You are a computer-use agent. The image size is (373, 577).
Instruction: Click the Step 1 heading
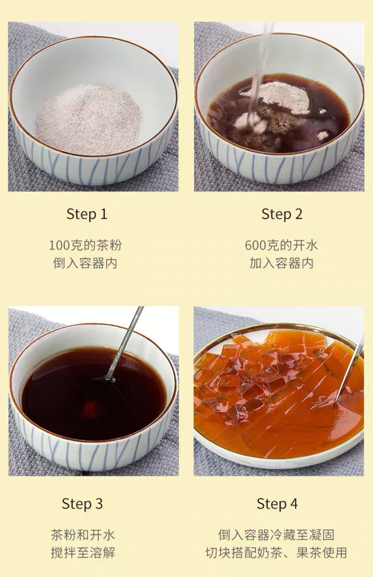[x=87, y=214]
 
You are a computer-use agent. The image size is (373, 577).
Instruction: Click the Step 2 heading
[x=282, y=214]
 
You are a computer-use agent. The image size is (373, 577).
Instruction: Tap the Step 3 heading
[x=82, y=504]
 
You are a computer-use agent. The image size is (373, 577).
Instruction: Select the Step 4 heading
[x=277, y=504]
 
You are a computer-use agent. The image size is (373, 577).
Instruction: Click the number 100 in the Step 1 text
[x=60, y=245]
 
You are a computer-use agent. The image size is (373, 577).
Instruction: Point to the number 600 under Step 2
[x=255, y=245]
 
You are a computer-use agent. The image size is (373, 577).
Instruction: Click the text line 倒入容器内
[x=85, y=263]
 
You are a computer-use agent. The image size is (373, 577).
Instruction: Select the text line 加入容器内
[x=281, y=263]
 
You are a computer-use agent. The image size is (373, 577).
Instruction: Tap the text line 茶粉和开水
[x=83, y=535]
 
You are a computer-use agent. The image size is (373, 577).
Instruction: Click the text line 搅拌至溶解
[x=83, y=553]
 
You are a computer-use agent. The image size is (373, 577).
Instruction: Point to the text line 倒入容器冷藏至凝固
[x=276, y=535]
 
